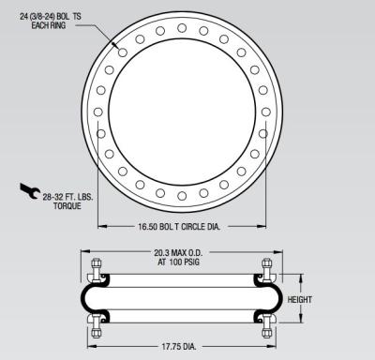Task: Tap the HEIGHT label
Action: click(x=322, y=300)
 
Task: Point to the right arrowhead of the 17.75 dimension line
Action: click(x=272, y=346)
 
